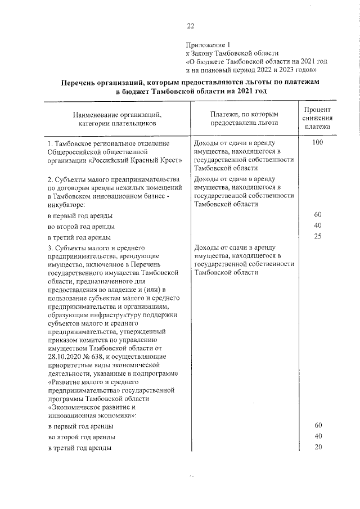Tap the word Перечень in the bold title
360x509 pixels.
tap(85, 82)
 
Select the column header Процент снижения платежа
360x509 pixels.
tap(317, 118)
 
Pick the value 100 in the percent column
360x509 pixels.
tap(317, 143)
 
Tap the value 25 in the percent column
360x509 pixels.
tap(317, 236)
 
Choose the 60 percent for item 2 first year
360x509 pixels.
tap(317, 215)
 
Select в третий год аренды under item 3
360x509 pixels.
tap(79, 448)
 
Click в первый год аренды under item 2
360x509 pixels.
tap(79, 215)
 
